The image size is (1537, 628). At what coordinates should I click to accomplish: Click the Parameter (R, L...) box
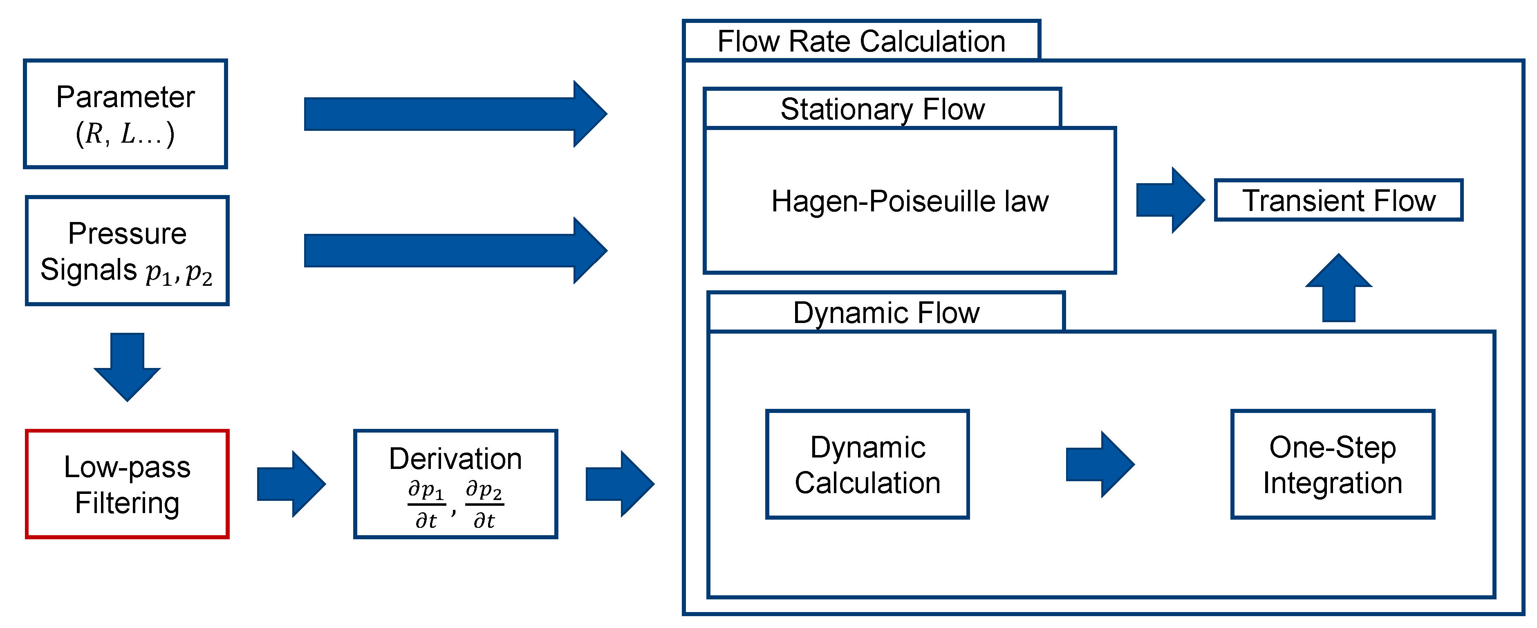coord(125,114)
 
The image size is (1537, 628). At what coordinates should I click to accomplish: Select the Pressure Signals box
coord(127,251)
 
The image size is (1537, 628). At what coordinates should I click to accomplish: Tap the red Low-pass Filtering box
coord(127,484)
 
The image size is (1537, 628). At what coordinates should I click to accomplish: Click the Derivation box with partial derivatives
coord(455,484)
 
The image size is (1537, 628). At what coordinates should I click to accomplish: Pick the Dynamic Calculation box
coord(867,464)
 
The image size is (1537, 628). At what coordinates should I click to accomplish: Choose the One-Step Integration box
coord(1332,464)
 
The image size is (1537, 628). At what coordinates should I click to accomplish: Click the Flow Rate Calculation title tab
coord(861,41)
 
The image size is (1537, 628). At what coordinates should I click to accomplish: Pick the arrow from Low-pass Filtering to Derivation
coord(291,484)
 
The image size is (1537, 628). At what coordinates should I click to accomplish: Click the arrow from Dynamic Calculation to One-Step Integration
coord(1100,464)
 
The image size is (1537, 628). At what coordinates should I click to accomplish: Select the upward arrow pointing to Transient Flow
coord(1338,288)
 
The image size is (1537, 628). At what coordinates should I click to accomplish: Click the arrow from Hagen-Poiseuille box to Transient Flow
coord(1170,200)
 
